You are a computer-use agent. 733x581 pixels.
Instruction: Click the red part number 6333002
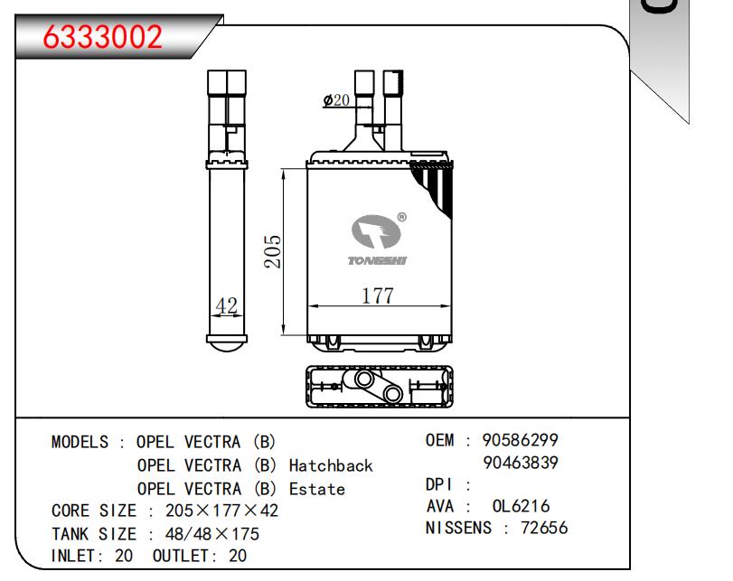coord(102,37)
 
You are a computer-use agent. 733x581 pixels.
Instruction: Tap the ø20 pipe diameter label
coord(336,99)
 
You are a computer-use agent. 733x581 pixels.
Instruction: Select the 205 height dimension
coord(273,251)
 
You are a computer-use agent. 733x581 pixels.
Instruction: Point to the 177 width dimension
coord(378,295)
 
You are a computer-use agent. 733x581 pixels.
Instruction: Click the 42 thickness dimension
coord(227,305)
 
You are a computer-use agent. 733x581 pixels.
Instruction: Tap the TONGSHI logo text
coord(377,260)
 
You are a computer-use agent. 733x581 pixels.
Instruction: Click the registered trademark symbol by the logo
coord(401,217)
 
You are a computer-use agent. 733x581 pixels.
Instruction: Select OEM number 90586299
coord(521,440)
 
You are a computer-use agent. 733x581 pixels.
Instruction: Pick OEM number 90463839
coord(521,463)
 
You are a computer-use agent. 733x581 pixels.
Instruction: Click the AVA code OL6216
coord(521,506)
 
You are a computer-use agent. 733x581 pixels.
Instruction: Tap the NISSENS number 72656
coord(544,528)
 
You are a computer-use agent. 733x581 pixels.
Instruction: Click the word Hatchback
coord(331,465)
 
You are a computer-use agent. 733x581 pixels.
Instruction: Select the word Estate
coord(317,489)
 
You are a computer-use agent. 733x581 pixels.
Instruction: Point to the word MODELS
coord(80,442)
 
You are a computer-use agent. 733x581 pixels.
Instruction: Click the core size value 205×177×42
coord(221,511)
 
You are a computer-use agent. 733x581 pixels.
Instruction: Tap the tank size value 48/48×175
coord(212,534)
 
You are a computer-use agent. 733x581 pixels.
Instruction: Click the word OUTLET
coord(181,556)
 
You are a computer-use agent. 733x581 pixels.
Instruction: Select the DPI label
coord(438,484)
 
